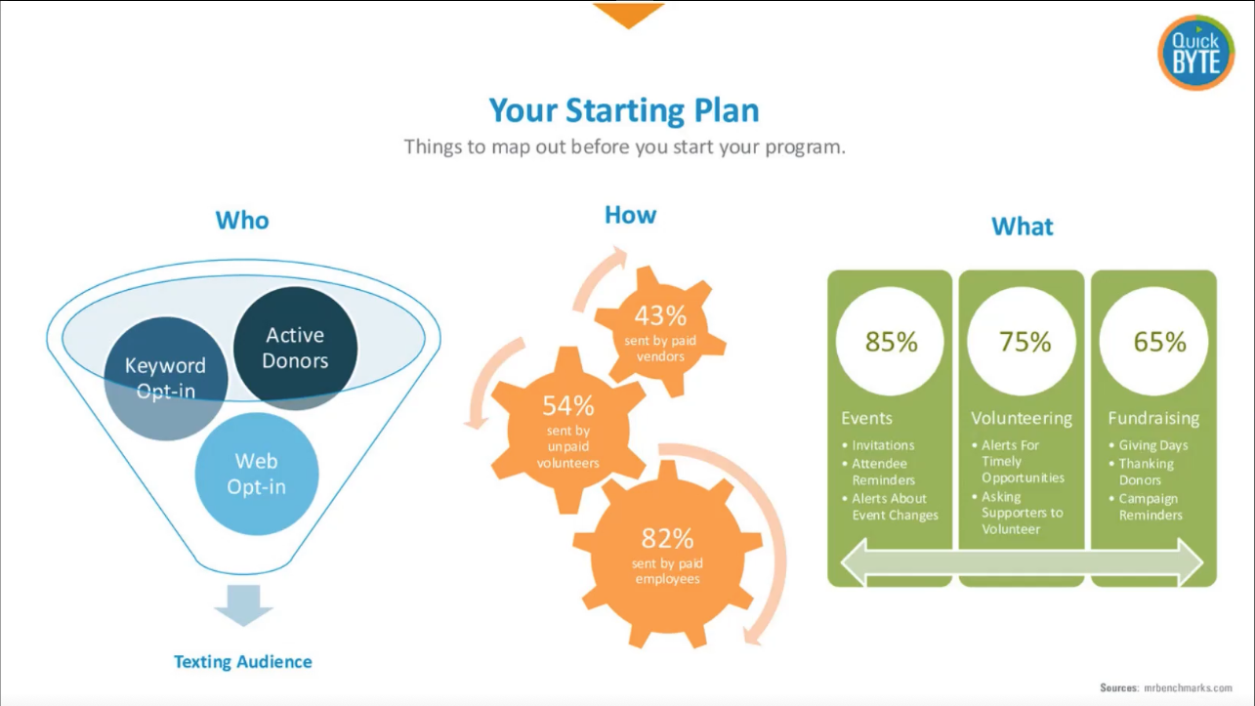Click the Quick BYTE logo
pos(1195,53)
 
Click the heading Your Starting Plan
pos(624,110)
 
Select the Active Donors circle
pos(295,348)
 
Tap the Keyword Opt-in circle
pos(166,379)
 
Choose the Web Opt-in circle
pos(257,474)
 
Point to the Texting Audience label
pos(242,662)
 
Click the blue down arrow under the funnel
pos(244,605)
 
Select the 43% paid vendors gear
pos(660,332)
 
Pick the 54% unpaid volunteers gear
pos(568,431)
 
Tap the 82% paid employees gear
pos(667,556)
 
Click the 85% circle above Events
pos(891,341)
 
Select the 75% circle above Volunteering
pos(1022,341)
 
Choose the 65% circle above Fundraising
pos(1154,341)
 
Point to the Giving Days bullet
pos(1148,445)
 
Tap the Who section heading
pos(242,221)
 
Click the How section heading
pos(630,215)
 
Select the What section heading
pos(1023,227)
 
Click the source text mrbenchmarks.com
pos(1188,687)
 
